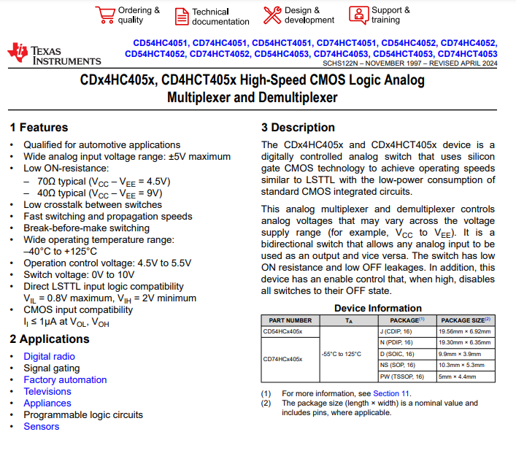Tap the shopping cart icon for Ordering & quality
point(105,15)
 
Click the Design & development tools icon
point(272,15)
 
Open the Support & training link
point(390,15)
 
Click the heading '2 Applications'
point(50,339)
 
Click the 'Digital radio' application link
point(49,356)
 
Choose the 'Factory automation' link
point(65,379)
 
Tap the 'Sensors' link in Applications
point(41,426)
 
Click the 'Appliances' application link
point(47,403)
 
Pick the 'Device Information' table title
point(377,308)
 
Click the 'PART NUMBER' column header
point(290,320)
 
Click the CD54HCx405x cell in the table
point(282,331)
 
